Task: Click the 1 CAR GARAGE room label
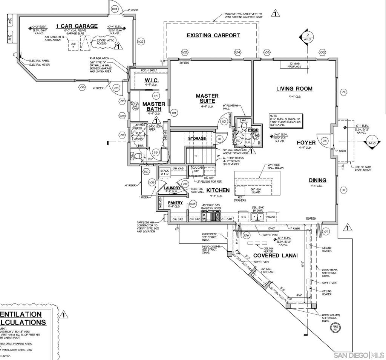[x=77, y=26]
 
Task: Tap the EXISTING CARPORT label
[x=213, y=35]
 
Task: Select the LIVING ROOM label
[x=294, y=89]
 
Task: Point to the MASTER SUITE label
[x=207, y=98]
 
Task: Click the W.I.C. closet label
[x=152, y=80]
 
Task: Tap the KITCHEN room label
[x=218, y=191]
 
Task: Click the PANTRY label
[x=175, y=203]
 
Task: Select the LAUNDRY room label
[x=172, y=188]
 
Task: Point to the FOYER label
[x=306, y=143]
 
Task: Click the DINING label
[x=317, y=180]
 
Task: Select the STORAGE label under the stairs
[x=197, y=138]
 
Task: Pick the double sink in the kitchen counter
[x=257, y=217]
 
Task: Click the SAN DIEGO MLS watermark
[x=359, y=355]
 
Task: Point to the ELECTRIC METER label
[x=40, y=65]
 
